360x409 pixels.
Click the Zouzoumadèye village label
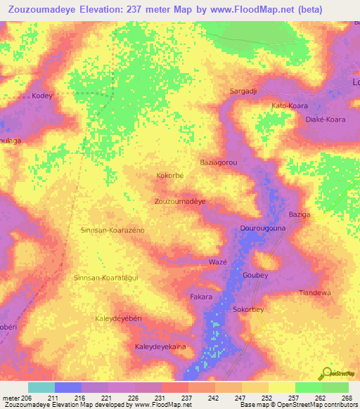point(179,201)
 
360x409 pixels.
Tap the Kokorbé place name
point(169,175)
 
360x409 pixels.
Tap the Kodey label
point(42,96)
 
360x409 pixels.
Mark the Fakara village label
point(201,297)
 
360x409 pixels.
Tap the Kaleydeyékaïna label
point(165,347)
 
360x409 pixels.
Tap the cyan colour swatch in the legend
point(41,387)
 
